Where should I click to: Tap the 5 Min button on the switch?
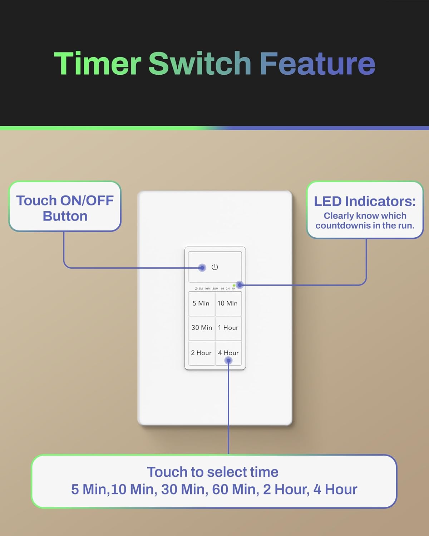[x=201, y=303]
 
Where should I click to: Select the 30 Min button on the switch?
[x=202, y=328]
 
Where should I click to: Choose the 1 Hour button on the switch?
[x=228, y=328]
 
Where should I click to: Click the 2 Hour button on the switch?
[x=201, y=353]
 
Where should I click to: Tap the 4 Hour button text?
[x=228, y=353]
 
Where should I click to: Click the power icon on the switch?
[x=214, y=267]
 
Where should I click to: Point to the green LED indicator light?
[x=234, y=286]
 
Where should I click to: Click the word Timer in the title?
[x=98, y=64]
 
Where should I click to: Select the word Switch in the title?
[x=200, y=64]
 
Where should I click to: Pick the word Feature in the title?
[x=317, y=64]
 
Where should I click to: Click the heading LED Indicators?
[x=365, y=201]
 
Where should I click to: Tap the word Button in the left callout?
[x=65, y=216]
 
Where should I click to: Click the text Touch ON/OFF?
[x=65, y=200]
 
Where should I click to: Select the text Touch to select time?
[x=213, y=472]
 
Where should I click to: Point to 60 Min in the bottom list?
[x=236, y=490]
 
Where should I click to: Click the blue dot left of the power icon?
[x=202, y=268]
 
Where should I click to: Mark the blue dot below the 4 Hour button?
[x=228, y=361]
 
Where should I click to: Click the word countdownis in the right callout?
[x=343, y=225]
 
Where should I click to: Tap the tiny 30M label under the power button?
[x=215, y=289]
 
